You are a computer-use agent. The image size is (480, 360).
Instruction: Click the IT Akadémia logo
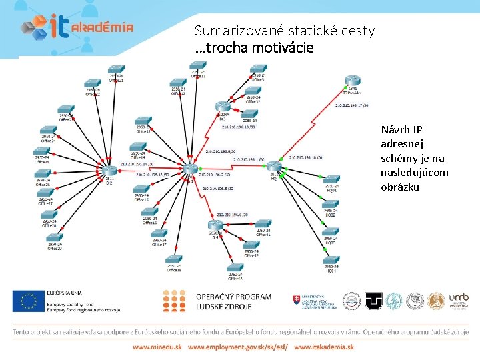(76, 26)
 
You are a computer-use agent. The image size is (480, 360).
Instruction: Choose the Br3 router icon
(222, 106)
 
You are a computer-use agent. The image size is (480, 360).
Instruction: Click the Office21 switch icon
(117, 70)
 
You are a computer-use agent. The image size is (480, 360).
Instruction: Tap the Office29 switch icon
(55, 238)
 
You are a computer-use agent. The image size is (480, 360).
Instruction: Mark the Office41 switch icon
(263, 225)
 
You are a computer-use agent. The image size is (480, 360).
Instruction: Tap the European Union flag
(27, 301)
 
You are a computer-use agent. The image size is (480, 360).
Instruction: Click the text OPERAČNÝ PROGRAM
(233, 297)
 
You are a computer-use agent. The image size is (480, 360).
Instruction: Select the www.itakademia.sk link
(323, 347)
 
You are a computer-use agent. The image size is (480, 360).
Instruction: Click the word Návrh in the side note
(393, 129)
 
